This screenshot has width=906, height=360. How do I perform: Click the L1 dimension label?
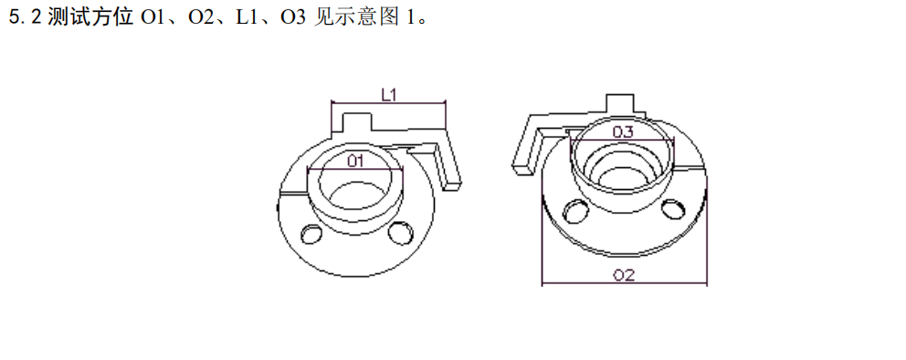(x=387, y=93)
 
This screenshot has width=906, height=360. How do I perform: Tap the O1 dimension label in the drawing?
(x=356, y=161)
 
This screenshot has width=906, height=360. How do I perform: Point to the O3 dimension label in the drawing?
(x=622, y=132)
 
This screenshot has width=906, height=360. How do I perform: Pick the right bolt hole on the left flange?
(x=398, y=234)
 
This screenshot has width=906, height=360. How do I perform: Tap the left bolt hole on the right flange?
(x=576, y=211)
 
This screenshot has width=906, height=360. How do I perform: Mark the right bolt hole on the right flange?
(x=672, y=209)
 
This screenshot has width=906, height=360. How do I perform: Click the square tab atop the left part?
(x=353, y=121)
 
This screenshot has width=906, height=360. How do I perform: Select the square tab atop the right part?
(x=621, y=101)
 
